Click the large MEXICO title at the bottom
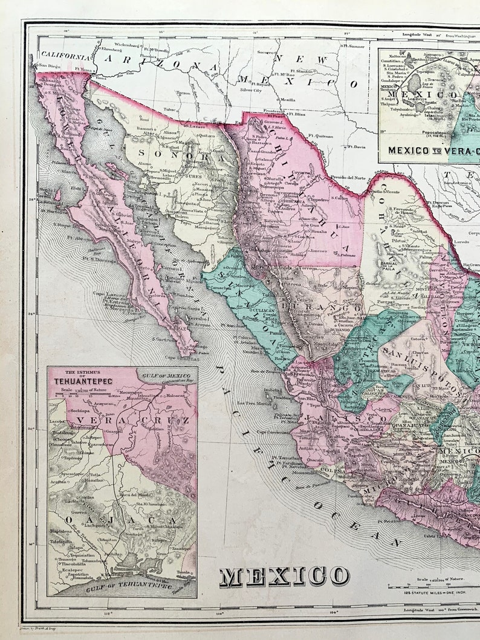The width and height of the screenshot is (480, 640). point(284,577)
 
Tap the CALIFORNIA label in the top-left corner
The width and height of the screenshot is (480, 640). point(61,54)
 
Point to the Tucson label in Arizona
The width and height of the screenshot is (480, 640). point(182,93)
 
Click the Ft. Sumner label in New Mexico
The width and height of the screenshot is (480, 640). point(354,45)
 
